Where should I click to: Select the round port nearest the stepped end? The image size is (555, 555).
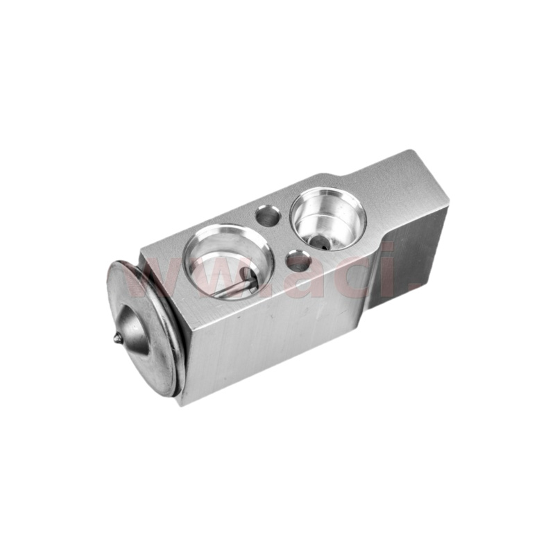click(x=327, y=216)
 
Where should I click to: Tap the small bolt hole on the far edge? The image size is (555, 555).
click(x=267, y=216)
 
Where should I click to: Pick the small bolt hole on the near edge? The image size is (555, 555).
click(x=298, y=261)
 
